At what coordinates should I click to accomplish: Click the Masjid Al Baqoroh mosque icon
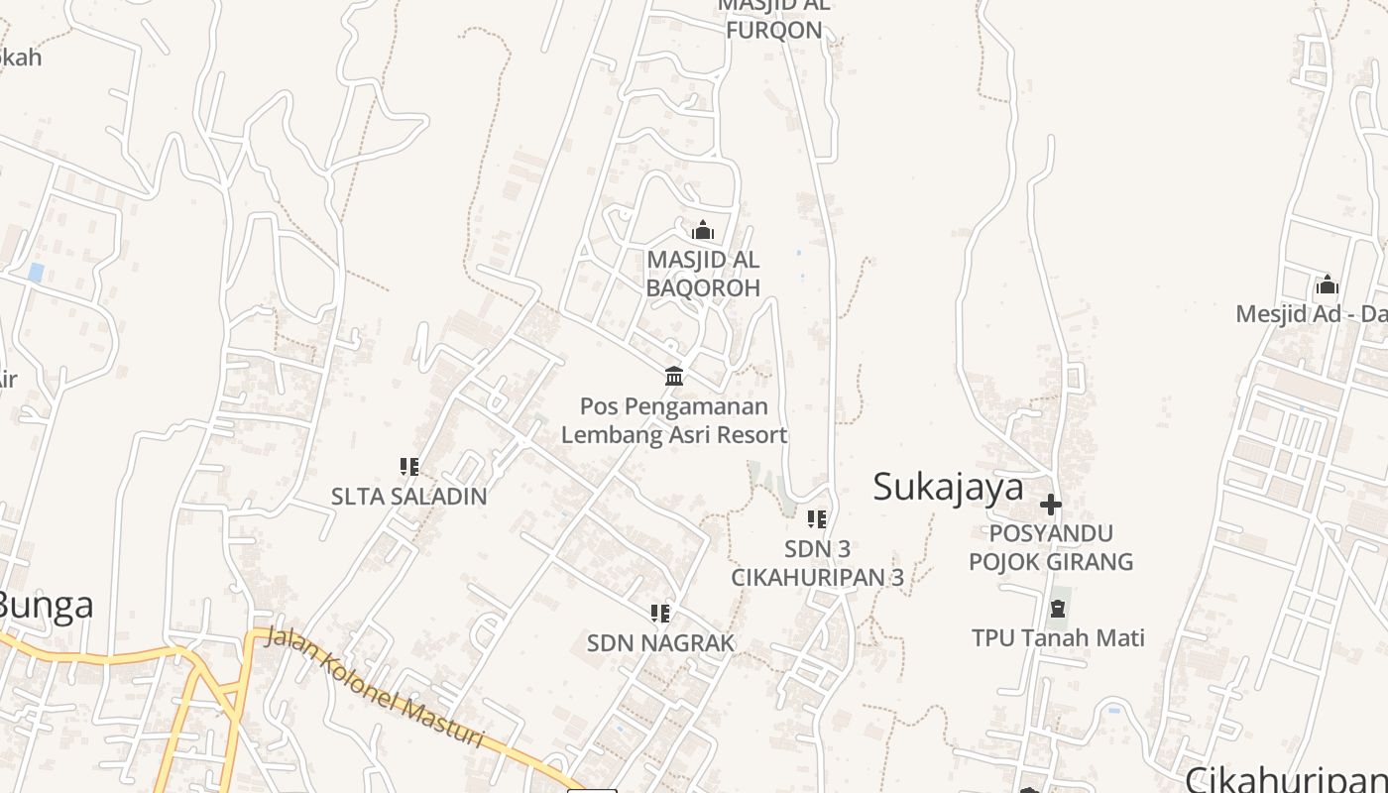703,231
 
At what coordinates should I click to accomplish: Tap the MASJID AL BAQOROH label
703,274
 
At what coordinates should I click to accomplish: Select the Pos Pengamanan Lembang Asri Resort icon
675,376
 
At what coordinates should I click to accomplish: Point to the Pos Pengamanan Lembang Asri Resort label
674,420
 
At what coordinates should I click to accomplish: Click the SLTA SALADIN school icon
408,466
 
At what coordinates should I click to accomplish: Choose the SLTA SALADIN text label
408,496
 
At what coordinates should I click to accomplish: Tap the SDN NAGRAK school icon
660,614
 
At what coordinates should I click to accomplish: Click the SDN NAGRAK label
660,643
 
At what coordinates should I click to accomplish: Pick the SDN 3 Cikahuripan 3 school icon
817,518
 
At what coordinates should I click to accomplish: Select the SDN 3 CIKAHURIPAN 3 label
817,563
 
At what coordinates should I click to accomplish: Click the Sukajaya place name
948,488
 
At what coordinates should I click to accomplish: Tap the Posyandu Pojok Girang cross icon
1051,505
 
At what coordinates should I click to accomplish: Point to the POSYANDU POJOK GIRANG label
1051,547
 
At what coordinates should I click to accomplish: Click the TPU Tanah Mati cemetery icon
1058,608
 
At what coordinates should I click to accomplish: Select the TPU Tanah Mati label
1058,637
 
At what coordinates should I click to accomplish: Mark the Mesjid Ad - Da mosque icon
1328,285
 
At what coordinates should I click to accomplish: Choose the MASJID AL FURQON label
774,18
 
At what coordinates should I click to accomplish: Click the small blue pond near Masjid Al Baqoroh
799,253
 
